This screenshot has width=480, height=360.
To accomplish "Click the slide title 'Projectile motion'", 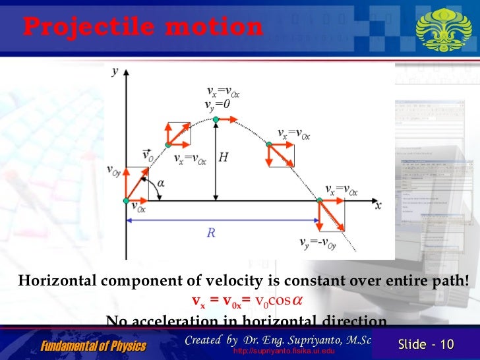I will pos(142,27).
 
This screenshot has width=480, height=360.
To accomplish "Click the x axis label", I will pos(378,205).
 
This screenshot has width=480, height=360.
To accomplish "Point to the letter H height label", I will pos(224,158).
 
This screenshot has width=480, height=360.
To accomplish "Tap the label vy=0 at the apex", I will pos(218,104).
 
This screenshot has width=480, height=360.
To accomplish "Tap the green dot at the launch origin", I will pos(127,200).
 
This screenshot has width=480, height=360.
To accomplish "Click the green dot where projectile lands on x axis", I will pos(320,200).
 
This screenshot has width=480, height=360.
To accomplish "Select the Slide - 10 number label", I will pos(427,345).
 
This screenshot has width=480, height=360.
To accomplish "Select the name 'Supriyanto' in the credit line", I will pos(316,340).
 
